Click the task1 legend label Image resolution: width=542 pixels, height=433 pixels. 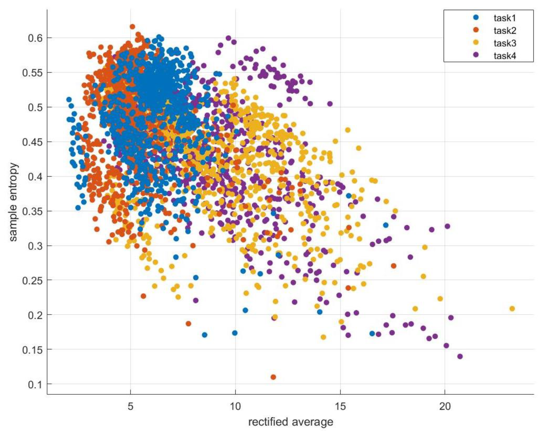(505, 18)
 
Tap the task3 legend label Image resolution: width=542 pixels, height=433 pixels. (505, 43)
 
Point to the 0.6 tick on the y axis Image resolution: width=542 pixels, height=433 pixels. (35, 38)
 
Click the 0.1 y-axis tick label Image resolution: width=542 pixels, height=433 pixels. (35, 385)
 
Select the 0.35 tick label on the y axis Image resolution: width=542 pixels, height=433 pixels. (32, 211)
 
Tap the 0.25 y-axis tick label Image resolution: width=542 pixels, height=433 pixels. (32, 280)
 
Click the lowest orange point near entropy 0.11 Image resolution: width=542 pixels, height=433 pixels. (273, 377)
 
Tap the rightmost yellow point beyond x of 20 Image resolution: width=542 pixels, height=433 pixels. (512, 309)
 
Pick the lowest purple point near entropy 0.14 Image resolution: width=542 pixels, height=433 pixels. (460, 356)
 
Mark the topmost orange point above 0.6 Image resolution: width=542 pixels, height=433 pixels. (133, 27)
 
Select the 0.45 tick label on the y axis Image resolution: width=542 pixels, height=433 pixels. (32, 142)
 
